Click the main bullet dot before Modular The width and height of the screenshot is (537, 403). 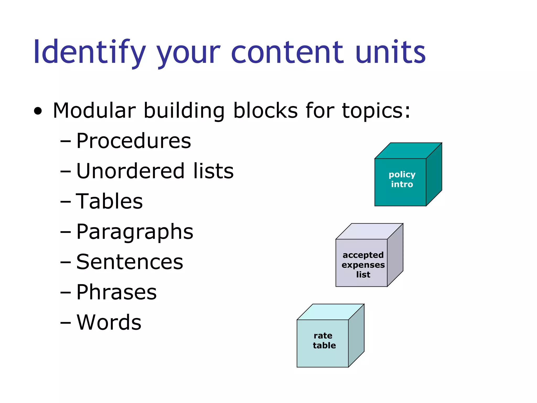[x=38, y=111]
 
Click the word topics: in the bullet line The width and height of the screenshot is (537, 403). [x=376, y=111]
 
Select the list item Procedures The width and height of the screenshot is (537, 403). [x=133, y=141]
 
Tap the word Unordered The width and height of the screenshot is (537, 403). [x=130, y=171]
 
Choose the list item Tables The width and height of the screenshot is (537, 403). [x=109, y=201]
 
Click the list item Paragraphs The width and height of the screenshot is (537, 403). [x=135, y=232]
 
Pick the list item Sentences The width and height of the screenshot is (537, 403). [x=130, y=262]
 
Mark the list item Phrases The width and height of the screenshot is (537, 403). [x=116, y=292]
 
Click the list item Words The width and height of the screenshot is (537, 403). [x=109, y=322]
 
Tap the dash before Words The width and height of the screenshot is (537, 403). [x=65, y=323]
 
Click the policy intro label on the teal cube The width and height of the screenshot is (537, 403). [x=402, y=179]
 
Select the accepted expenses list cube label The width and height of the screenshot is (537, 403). [x=363, y=265]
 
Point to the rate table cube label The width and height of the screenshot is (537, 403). [x=324, y=341]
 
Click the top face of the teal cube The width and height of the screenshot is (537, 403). [x=408, y=151]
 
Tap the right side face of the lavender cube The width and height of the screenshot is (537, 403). [x=395, y=255]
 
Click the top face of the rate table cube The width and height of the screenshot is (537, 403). [x=330, y=312]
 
